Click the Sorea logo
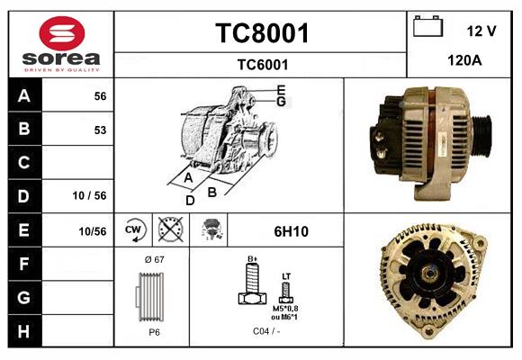60,44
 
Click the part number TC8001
262,33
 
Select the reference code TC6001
262,64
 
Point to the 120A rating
465,60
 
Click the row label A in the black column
23,96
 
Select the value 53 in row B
100,130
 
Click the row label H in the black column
23,330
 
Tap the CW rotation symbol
134,230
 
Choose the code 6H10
291,231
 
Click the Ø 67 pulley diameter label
153,259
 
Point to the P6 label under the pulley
154,332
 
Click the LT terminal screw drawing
286,290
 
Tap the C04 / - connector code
265,332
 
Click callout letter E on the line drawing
282,89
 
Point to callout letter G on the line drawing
282,102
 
